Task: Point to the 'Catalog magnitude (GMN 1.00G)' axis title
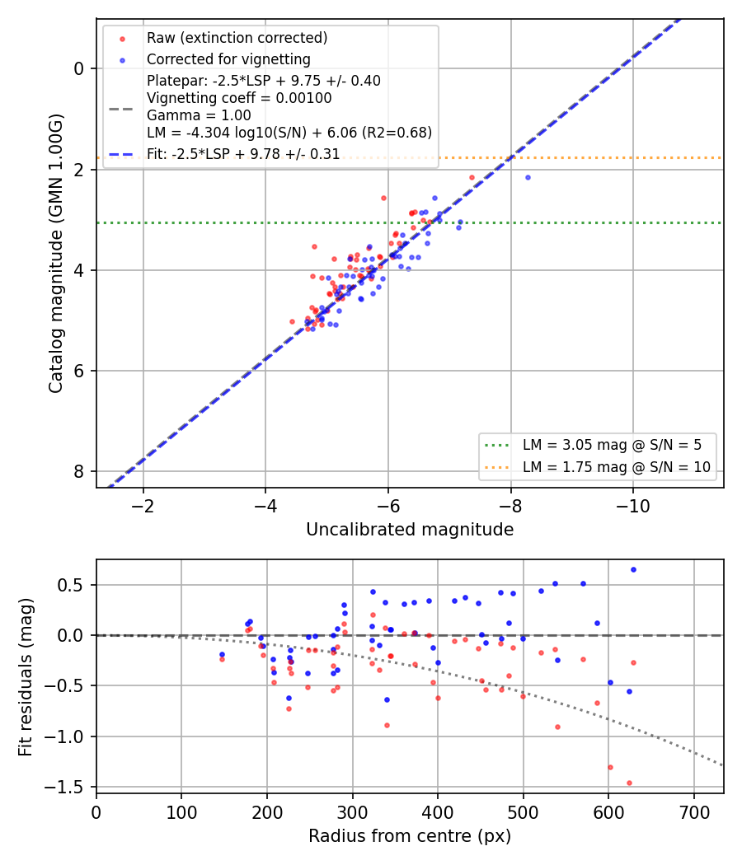coord(56,254)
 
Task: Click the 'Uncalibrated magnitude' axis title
coord(410,530)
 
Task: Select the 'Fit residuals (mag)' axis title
coord(26,677)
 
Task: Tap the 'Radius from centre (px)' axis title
coord(410,836)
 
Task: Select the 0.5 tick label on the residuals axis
coord(71,585)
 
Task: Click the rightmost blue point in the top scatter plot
coord(528,178)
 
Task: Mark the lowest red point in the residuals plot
coord(629,783)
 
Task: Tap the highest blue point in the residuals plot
coord(633,570)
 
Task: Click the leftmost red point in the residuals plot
coord(222,659)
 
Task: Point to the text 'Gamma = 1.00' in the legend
coord(199,116)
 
